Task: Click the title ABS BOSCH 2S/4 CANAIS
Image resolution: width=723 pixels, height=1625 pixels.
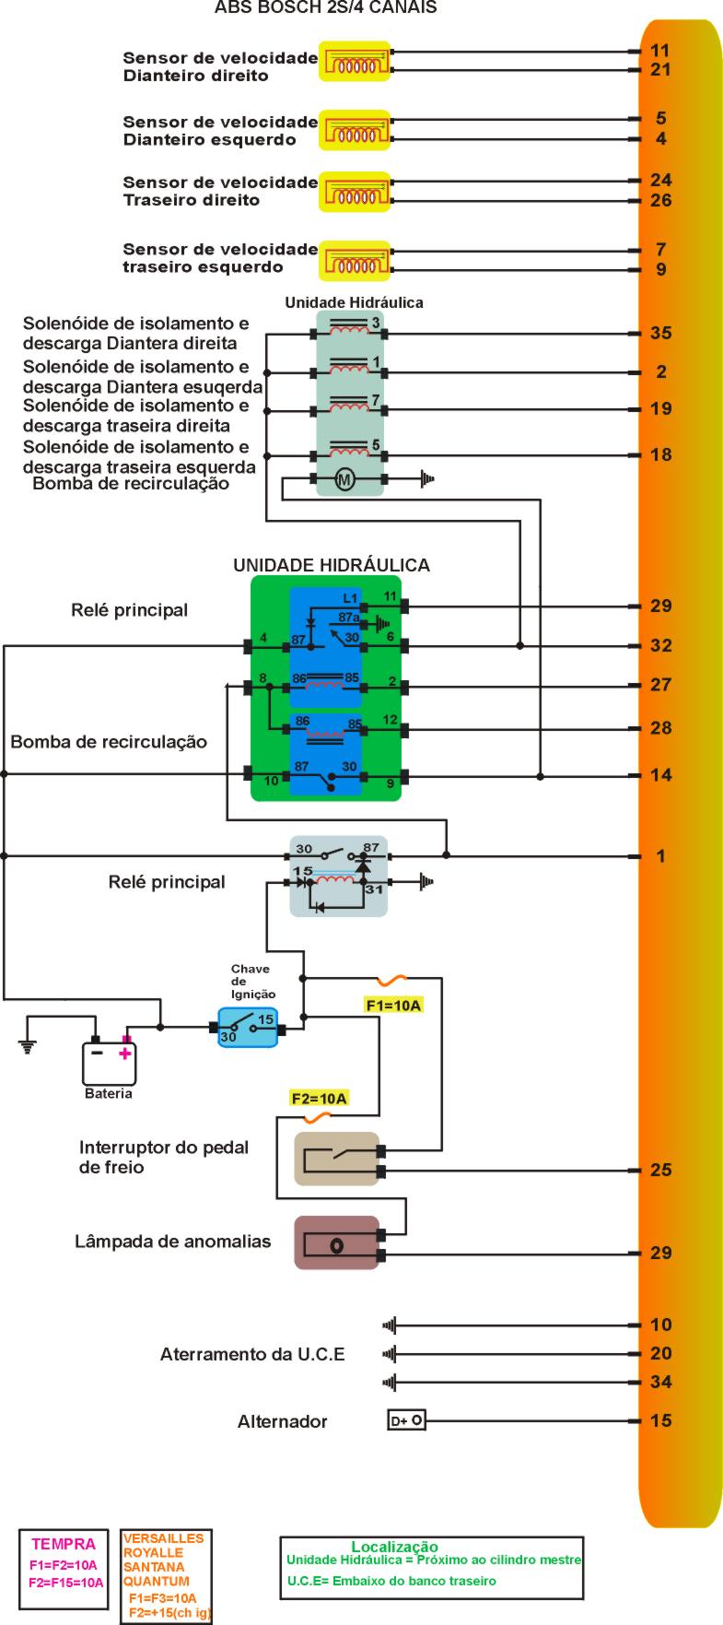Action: pos(325,8)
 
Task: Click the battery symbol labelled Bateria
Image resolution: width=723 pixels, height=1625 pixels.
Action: pos(110,1063)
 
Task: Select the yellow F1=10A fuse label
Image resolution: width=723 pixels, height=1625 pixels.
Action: pos(393,1006)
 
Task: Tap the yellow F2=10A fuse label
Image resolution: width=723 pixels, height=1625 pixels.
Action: pos(319,1099)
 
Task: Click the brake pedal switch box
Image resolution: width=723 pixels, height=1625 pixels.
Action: pos(336,1159)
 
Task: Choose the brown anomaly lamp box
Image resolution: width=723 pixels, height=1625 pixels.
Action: pos(336,1243)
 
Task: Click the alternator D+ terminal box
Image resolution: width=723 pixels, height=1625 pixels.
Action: pos(406,1420)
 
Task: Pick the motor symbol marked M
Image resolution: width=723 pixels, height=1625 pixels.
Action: pos(344,479)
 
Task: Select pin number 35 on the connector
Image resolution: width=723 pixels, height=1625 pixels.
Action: pos(660,334)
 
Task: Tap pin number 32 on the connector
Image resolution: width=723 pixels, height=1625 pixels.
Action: pos(660,645)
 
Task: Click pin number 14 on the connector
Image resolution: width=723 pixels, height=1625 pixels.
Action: pos(660,775)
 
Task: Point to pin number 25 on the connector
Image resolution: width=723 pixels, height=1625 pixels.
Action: pos(660,1171)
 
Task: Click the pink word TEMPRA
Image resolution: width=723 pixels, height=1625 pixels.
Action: pos(64,1544)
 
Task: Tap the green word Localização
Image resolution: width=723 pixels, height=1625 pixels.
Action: pos(394,1547)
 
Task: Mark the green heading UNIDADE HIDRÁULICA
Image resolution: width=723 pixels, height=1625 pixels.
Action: pos(331,565)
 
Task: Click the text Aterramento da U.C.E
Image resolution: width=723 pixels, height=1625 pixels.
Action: pos(252,1354)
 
